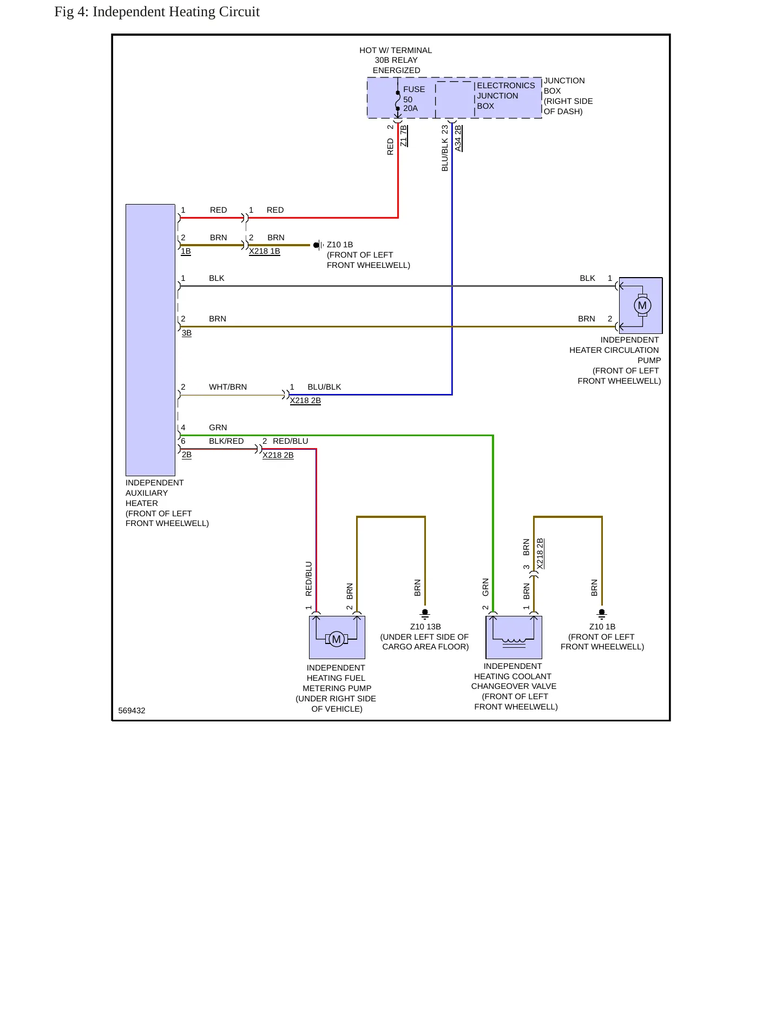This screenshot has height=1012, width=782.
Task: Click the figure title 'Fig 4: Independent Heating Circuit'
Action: click(x=157, y=12)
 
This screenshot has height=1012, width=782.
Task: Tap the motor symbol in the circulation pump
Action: click(x=642, y=305)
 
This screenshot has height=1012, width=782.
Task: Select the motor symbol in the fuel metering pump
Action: click(x=336, y=639)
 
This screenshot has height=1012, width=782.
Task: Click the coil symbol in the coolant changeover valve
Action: click(x=514, y=641)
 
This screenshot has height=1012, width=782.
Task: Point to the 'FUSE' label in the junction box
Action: click(x=414, y=89)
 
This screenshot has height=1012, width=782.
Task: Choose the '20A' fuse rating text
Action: click(x=410, y=108)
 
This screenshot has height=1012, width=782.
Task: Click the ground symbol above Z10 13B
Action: click(x=425, y=614)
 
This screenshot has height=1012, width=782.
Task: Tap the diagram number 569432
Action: click(x=132, y=711)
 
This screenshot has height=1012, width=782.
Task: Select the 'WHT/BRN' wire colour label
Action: click(x=228, y=387)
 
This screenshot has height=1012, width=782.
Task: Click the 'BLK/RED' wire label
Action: click(x=226, y=441)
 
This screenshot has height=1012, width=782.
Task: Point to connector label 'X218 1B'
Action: click(x=265, y=251)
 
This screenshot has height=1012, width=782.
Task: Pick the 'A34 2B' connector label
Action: click(x=458, y=138)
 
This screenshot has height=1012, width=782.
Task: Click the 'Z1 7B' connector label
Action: click(x=403, y=136)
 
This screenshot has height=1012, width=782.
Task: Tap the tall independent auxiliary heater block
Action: click(x=150, y=340)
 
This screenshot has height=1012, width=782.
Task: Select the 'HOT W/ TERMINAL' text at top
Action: click(x=396, y=50)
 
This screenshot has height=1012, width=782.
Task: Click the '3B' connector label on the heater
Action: click(x=187, y=333)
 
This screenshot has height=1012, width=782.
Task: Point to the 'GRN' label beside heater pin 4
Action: click(x=218, y=428)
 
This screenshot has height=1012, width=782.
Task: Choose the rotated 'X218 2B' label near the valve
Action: click(x=540, y=554)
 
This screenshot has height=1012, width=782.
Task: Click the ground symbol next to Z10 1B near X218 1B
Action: click(x=318, y=245)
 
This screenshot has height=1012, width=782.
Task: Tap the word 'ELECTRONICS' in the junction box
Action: click(x=505, y=86)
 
